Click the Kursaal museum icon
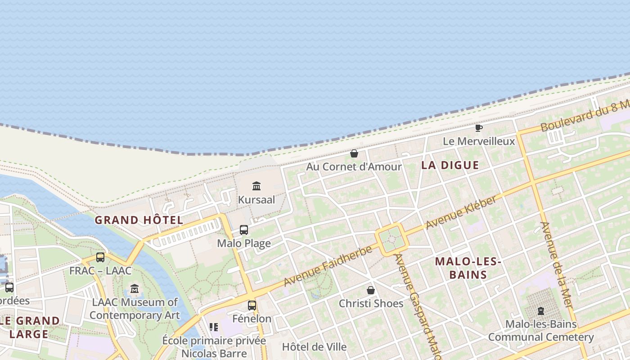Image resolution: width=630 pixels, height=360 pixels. click(256, 186)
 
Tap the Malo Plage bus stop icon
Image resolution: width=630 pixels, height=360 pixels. click(243, 230)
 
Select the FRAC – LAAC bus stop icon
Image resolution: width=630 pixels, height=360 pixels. click(100, 257)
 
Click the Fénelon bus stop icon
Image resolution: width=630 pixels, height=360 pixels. click(252, 306)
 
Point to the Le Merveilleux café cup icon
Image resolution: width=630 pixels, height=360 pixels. click(479, 128)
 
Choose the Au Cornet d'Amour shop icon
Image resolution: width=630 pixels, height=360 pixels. click(354, 153)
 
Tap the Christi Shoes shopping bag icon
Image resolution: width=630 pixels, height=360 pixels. click(370, 290)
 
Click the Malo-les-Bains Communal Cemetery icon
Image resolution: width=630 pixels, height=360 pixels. click(540, 311)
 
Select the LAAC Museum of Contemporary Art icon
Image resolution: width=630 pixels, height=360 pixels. click(134, 288)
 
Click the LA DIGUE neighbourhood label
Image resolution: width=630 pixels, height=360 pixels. click(450, 165)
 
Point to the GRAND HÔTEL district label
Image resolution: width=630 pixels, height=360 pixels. click(139, 220)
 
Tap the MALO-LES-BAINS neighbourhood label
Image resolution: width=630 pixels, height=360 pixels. click(468, 268)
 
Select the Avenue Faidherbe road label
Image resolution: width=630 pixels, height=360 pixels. click(328, 265)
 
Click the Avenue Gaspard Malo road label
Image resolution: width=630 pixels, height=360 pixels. click(417, 306)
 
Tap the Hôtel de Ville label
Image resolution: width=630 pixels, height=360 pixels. click(314, 347)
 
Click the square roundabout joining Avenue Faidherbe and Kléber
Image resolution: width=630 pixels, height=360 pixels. click(391, 239)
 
